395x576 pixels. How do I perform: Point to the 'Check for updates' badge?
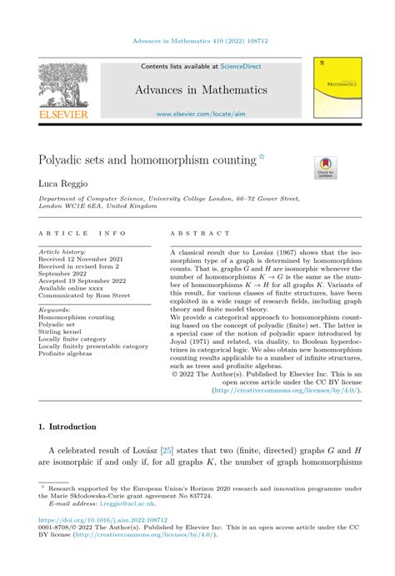325,167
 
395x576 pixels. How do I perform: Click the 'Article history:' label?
62,251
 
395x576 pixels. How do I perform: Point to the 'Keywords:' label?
55,310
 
